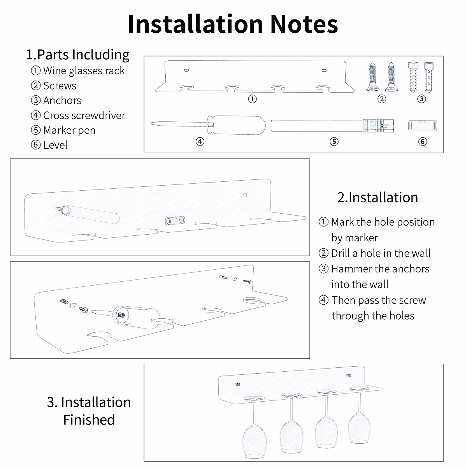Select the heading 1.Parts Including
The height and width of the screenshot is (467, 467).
[78, 54]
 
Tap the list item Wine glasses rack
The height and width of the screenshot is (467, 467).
[84, 71]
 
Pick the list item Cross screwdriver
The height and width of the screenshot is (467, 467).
[84, 116]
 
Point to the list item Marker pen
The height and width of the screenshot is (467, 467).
[69, 130]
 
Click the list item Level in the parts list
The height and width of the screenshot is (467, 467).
[55, 145]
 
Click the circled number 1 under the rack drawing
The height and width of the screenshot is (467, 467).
[252, 99]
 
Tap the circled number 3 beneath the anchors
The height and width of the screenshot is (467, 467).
[421, 99]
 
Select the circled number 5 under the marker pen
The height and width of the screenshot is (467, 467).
[334, 142]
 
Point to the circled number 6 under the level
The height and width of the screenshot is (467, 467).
[423, 142]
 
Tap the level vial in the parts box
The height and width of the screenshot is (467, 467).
[423, 126]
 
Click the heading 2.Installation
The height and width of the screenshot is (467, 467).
[377, 197]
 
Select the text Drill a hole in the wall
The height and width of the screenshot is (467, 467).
[381, 253]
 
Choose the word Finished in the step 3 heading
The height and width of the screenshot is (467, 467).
[89, 420]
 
